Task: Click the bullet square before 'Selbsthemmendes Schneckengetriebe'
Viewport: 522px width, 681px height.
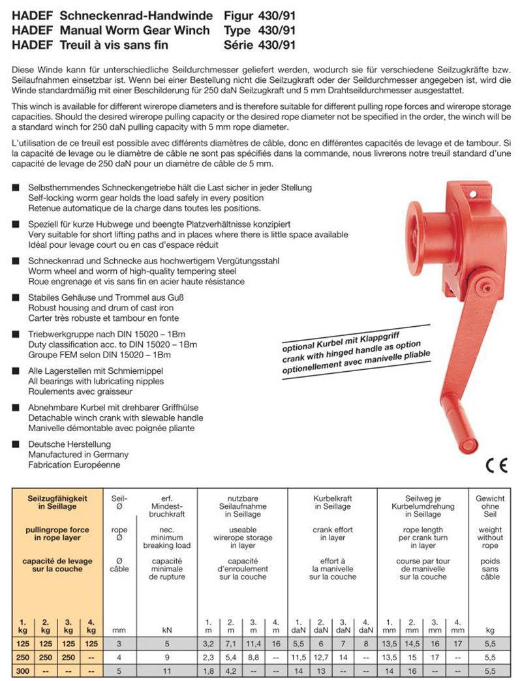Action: point(15,188)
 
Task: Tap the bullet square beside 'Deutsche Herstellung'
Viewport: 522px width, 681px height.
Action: point(15,445)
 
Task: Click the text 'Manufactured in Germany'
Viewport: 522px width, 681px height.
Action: point(78,455)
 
